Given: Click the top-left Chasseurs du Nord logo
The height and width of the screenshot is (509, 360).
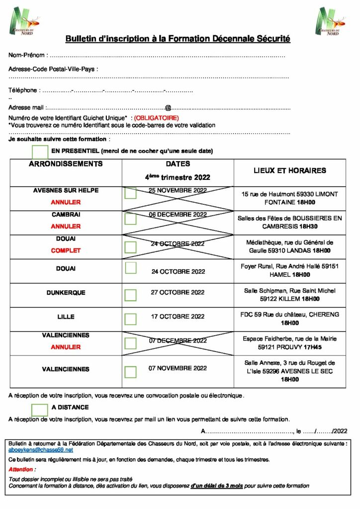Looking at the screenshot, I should [24, 21].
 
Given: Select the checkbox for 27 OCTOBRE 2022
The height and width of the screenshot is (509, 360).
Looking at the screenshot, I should [130, 295].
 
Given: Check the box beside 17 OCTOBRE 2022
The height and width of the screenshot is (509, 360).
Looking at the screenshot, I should [130, 319].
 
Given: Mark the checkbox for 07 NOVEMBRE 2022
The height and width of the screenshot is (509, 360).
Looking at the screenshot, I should [130, 371].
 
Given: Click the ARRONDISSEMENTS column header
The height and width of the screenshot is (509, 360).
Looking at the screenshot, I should [66, 164].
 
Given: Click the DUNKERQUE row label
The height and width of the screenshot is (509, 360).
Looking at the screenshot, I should [66, 293].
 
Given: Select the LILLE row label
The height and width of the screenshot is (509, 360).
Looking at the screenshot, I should [66, 317].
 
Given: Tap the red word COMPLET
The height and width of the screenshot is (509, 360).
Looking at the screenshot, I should [66, 251].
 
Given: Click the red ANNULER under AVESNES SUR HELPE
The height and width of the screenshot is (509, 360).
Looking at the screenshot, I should [66, 202].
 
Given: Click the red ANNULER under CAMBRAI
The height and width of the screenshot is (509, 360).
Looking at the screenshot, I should [66, 226].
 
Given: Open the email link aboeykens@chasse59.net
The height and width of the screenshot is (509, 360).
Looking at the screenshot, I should [41, 449].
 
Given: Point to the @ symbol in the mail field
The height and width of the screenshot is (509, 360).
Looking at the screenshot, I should [168, 107].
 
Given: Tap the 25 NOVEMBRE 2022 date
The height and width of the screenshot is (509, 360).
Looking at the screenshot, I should [178, 190].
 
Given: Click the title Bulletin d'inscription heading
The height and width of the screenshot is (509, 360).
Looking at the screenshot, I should [178, 39].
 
